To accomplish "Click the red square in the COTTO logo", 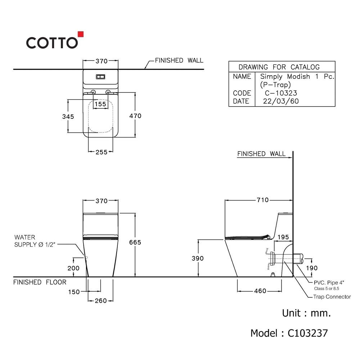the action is click(81, 34).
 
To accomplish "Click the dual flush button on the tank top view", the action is click(100, 77).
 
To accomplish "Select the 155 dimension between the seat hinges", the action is click(100, 104).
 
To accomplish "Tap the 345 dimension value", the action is click(68, 117).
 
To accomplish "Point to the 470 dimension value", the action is click(135, 116).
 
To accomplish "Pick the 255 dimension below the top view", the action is click(102, 152).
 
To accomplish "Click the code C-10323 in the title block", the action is click(281, 93).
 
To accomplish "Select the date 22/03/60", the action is click(281, 101).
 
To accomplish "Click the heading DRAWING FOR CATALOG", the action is click(279, 67).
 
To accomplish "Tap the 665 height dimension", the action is click(135, 242).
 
